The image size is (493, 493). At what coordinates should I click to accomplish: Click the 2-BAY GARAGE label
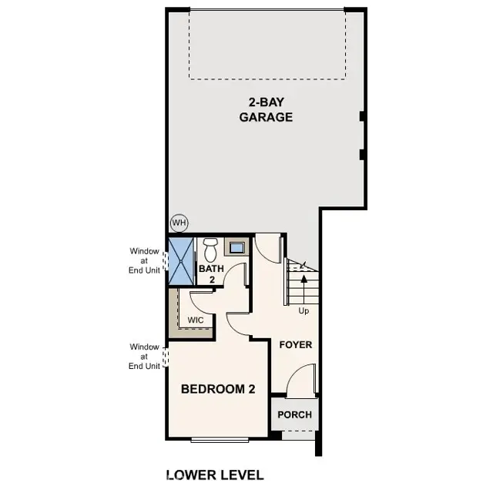(266, 109)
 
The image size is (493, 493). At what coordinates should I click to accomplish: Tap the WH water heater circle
(179, 223)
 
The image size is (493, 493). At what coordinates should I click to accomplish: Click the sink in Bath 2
(236, 248)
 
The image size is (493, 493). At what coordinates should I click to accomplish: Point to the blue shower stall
(182, 261)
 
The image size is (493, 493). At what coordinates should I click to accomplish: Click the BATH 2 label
(211, 274)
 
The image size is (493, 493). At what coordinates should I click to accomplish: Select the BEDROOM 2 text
(218, 389)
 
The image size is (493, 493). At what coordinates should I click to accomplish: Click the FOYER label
(296, 344)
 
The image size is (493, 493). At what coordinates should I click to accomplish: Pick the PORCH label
(295, 414)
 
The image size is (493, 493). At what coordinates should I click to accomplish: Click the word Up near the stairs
(305, 310)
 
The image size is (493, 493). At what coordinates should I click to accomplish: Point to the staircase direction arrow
(305, 282)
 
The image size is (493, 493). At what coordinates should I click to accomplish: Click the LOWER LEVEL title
(215, 475)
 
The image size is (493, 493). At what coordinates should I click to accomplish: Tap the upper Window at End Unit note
(144, 260)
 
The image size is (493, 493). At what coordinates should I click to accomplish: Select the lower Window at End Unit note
(144, 357)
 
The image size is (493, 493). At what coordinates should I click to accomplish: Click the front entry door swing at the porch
(300, 381)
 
